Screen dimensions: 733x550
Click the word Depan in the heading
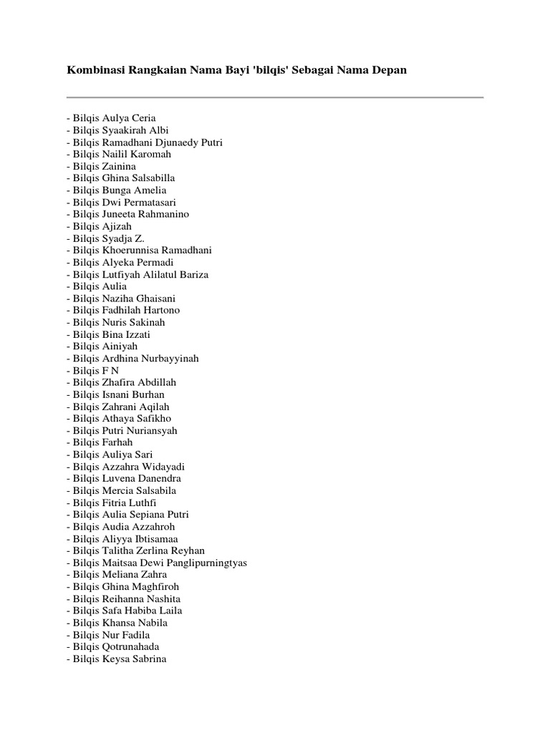pos(389,72)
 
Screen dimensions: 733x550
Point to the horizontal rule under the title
pos(275,97)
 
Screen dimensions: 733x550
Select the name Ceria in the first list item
pos(143,118)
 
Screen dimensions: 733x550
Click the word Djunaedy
pos(182,142)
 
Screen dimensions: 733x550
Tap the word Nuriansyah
pos(150,431)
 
